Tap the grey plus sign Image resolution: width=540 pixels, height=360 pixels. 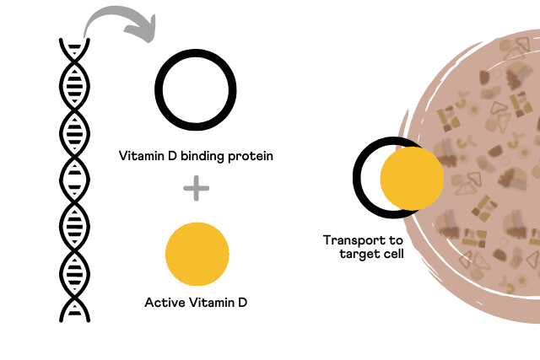197,188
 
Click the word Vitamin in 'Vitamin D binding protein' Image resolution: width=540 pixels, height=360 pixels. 142,156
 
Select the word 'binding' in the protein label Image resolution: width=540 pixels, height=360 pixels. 202,157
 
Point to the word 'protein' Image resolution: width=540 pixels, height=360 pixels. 251,157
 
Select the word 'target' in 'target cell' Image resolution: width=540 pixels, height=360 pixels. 358,255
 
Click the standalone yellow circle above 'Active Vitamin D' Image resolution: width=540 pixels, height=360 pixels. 197,254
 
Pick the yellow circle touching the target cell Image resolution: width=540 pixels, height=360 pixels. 412,178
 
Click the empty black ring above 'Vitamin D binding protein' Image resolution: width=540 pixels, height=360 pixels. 196,52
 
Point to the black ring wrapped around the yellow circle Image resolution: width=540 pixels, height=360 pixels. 357,178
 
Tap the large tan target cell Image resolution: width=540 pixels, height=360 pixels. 482,175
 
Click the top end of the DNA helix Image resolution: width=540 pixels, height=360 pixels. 74,40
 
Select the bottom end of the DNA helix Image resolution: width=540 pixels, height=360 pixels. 74,320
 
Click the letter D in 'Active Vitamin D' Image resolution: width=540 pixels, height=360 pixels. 242,303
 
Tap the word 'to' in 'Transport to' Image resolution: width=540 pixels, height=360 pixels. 396,240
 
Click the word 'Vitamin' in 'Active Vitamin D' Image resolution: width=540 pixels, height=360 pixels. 212,303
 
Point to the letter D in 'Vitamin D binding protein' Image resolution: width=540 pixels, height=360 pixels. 172,156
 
